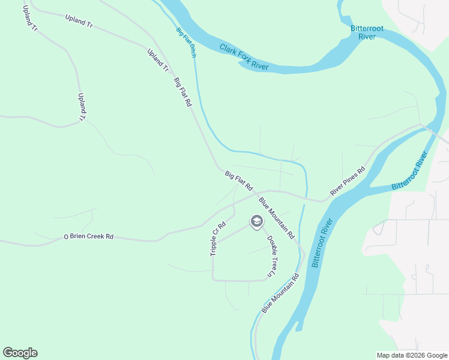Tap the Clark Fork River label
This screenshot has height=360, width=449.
point(244,57)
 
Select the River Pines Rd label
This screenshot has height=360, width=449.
point(348,181)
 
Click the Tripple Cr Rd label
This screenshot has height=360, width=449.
point(217,239)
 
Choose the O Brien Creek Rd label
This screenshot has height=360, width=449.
point(89,236)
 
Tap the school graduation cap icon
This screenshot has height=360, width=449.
point(256,222)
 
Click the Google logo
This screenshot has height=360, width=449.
point(20,353)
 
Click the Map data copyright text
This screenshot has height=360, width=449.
point(412,355)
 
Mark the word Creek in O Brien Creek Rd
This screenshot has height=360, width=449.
point(91,236)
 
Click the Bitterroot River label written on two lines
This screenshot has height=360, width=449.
point(363,32)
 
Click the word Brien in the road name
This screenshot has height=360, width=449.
point(76,236)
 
